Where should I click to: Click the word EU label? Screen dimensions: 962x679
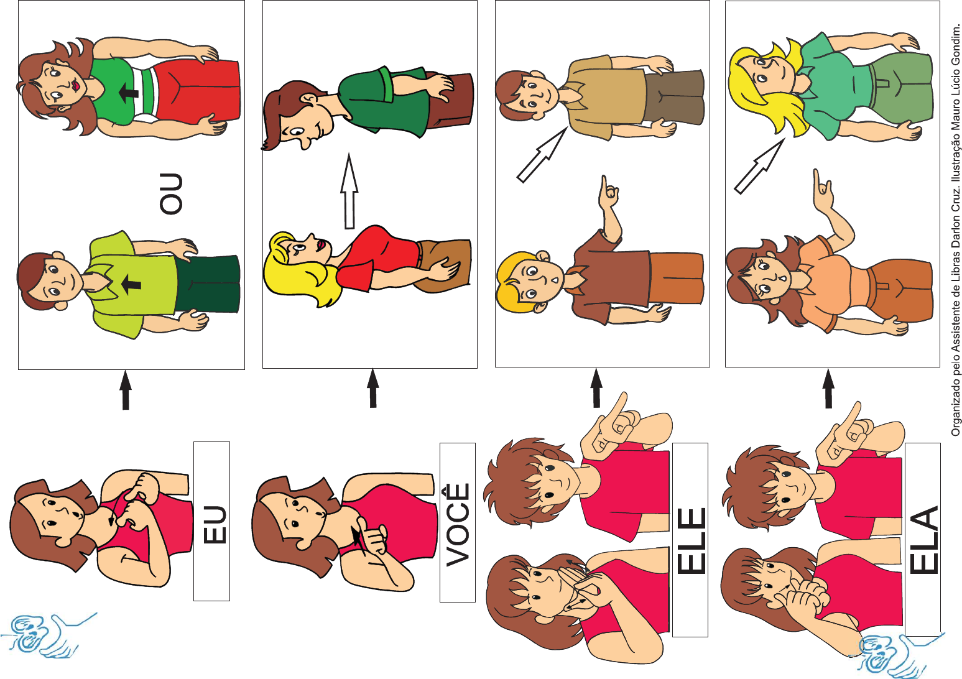point(214,524)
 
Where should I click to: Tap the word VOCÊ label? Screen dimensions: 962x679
point(458,525)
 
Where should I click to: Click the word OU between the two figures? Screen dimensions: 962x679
point(171,193)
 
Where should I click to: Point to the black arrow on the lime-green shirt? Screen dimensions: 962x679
point(131,284)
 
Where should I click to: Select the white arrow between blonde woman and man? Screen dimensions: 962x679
point(349,191)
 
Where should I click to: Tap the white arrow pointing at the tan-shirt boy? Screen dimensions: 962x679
point(541,155)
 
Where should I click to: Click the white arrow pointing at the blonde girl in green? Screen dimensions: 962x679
point(759,166)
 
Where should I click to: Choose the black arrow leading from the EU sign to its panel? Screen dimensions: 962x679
point(126,390)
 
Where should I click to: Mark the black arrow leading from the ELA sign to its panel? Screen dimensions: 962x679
point(828,389)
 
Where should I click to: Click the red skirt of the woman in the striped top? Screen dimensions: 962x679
point(198,90)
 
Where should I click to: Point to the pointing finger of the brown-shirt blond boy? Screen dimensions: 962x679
point(606,189)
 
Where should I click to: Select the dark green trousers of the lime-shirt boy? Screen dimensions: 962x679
point(207,284)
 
